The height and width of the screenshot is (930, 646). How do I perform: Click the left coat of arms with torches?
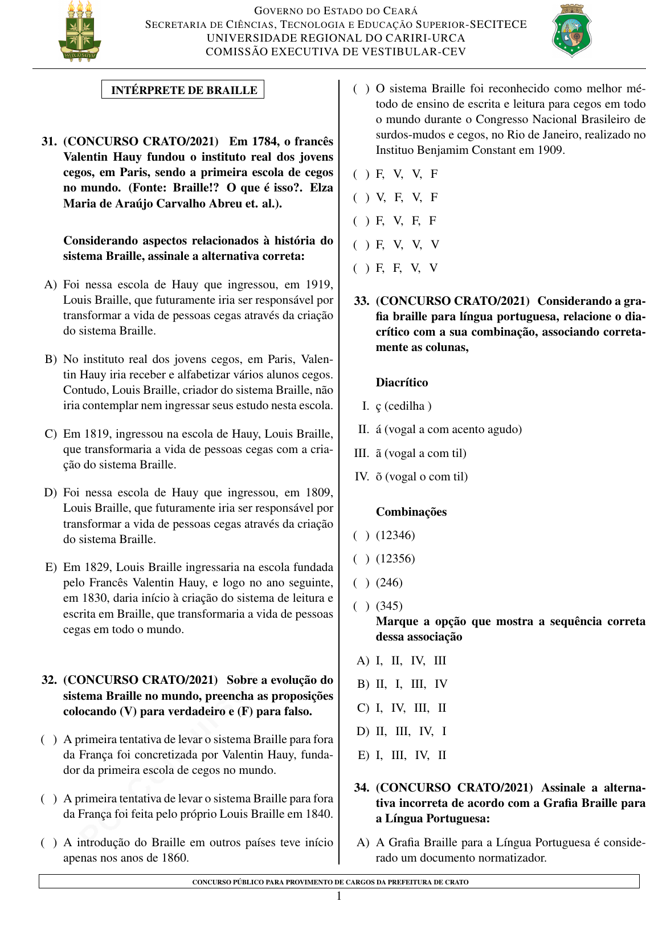[x=80, y=32]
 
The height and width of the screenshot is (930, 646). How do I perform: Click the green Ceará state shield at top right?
[x=571, y=31]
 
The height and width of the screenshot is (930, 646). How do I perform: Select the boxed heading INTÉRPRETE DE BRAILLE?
[x=183, y=90]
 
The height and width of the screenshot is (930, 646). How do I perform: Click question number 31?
[x=49, y=141]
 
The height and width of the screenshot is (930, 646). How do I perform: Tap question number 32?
[x=49, y=680]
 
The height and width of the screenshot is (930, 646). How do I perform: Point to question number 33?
[x=362, y=301]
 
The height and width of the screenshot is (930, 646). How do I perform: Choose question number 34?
[x=362, y=788]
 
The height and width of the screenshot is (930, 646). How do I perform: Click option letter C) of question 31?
[x=51, y=434]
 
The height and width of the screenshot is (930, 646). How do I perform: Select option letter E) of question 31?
[x=51, y=567]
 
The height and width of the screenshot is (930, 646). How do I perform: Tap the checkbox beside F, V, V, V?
[x=361, y=245]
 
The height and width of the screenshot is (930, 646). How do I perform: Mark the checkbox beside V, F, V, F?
[x=361, y=198]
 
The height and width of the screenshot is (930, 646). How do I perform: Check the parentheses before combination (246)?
[x=361, y=582]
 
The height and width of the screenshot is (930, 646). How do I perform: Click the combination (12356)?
[x=395, y=558]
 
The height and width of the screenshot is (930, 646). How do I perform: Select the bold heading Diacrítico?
[x=402, y=382]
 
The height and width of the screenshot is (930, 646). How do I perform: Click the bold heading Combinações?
[x=411, y=512]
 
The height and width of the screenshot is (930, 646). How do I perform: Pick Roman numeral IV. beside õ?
[x=362, y=476]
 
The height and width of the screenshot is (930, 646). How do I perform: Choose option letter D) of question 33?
[x=363, y=731]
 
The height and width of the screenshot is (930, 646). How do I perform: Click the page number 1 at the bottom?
[x=339, y=896]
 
